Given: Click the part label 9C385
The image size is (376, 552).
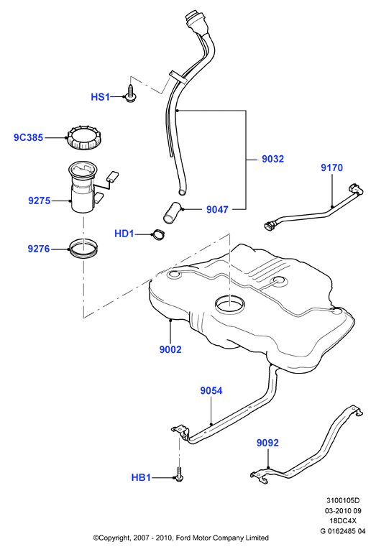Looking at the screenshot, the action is [x=28, y=137].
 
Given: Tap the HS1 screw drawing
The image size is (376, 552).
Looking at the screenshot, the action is [x=131, y=93].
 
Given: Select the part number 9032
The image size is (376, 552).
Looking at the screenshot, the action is [x=273, y=159].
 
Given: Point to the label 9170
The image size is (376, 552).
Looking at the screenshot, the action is [x=331, y=167].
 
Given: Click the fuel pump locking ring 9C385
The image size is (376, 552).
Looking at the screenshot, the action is [x=85, y=138].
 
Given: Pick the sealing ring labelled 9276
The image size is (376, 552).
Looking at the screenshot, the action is [x=83, y=249].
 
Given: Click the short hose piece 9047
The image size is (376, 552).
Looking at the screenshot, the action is [x=172, y=212].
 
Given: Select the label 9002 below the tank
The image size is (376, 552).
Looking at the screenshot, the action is [x=170, y=349].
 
